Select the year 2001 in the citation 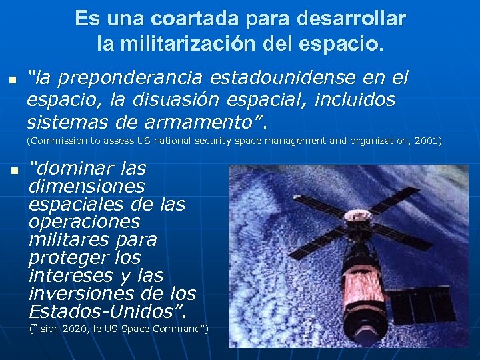[x=423, y=141]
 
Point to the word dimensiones [x=86, y=185]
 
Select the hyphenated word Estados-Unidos [x=105, y=311]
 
